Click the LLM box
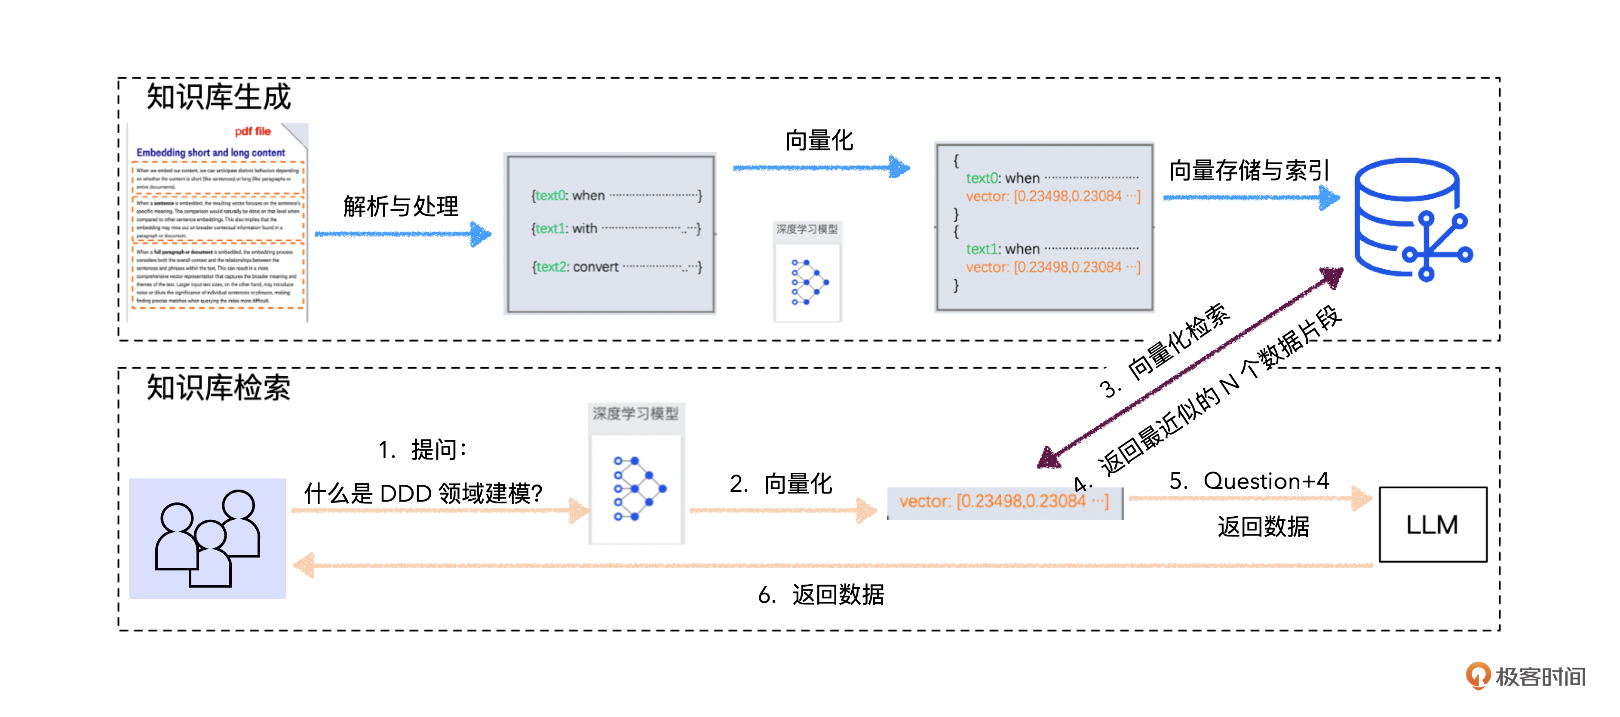(x=1432, y=524)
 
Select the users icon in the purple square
(x=208, y=538)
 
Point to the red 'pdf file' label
(x=253, y=132)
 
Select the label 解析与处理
(x=401, y=206)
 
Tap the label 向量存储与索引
(x=1249, y=171)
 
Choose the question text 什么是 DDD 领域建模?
(x=423, y=493)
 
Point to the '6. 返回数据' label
(x=821, y=594)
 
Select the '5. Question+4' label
(x=1249, y=481)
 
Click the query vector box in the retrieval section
(x=1004, y=502)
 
